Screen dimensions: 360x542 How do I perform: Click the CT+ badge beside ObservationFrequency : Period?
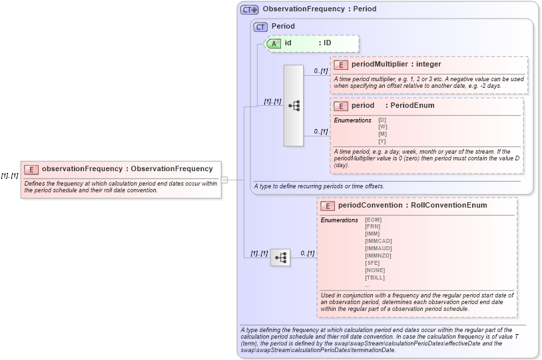click(x=250, y=9)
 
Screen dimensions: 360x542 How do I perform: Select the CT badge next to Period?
click(x=260, y=27)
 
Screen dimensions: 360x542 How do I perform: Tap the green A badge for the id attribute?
click(x=274, y=43)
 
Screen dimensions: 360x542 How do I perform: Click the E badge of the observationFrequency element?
click(x=31, y=169)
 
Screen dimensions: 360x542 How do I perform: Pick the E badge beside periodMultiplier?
click(x=341, y=65)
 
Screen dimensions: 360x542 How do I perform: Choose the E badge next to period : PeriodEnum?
click(x=341, y=106)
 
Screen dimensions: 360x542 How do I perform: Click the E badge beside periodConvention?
click(x=328, y=206)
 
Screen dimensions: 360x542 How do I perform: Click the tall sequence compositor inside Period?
click(x=294, y=106)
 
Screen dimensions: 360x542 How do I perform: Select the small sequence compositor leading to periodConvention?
click(x=280, y=256)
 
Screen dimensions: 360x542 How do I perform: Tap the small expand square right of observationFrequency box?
click(x=224, y=180)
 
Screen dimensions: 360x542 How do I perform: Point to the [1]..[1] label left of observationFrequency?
click(x=9, y=176)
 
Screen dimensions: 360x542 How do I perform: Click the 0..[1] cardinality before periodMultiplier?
click(x=320, y=71)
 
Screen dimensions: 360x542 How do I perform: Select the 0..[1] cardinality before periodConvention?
click(x=307, y=253)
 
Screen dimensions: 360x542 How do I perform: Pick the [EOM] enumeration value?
click(x=373, y=220)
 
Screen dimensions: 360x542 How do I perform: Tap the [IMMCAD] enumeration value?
click(x=378, y=241)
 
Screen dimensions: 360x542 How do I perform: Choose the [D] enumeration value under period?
click(x=382, y=120)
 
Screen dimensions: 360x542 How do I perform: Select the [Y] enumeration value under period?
click(x=382, y=142)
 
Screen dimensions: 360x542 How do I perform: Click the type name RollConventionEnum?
click(x=449, y=205)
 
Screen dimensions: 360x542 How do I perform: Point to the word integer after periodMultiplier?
click(x=428, y=65)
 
